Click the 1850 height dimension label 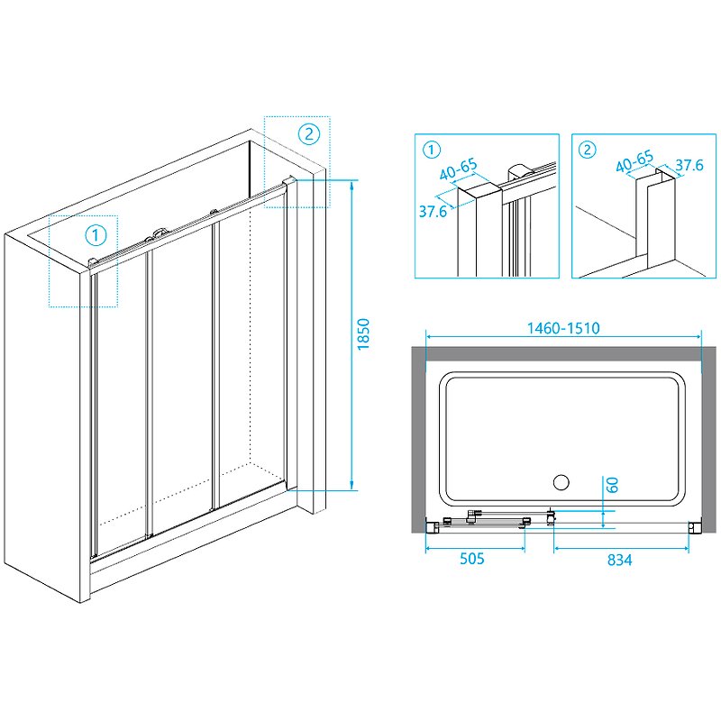tap(363, 335)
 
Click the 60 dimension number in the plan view tap(612, 484)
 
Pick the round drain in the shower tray tap(561, 482)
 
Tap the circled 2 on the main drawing tap(308, 134)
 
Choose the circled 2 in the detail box tap(588, 150)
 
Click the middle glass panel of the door tap(181, 379)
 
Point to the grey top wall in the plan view tap(563, 359)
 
